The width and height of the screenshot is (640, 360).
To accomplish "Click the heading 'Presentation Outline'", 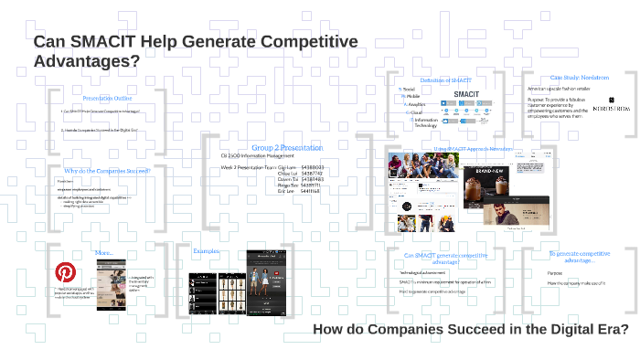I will point(107,98).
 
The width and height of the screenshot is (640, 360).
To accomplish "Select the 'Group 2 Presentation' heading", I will point(286,147).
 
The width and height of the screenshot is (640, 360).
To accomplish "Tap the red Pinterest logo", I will point(66,272).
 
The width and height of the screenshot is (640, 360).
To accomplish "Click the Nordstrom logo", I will point(611,109).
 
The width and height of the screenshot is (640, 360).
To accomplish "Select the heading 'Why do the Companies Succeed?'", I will point(107,170).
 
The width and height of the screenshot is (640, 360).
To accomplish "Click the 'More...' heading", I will point(103,252).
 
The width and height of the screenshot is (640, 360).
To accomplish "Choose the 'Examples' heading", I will point(207,250).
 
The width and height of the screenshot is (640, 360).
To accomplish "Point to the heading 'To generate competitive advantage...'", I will point(579,257).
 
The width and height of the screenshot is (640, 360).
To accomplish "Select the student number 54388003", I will point(312,167).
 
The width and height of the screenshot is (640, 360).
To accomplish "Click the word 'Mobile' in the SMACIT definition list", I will point(413,96).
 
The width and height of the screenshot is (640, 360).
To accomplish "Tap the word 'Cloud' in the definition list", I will point(416,112).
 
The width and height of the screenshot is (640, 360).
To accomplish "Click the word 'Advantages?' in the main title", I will point(87,62).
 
